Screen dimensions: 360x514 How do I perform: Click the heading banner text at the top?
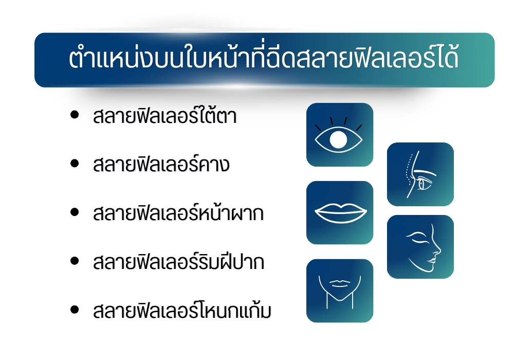pyautogui.click(x=264, y=60)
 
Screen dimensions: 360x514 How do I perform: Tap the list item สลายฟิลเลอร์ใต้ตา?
pyautogui.click(x=164, y=117)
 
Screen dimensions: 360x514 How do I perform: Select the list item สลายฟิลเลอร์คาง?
pyautogui.click(x=161, y=166)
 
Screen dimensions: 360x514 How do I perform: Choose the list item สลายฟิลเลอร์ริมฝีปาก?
pyautogui.click(x=178, y=262)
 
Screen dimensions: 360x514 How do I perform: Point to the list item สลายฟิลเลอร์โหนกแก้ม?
pyautogui.click(x=181, y=311)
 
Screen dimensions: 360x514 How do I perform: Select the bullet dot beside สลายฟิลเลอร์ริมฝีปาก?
pyautogui.click(x=75, y=261)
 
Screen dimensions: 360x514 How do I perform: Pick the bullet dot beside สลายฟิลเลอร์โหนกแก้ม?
pyautogui.click(x=75, y=310)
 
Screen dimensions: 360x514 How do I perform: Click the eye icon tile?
pyautogui.click(x=339, y=135)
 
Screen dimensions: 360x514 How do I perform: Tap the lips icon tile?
pyautogui.click(x=339, y=212)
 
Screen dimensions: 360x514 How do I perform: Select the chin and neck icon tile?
pyautogui.click(x=339, y=291)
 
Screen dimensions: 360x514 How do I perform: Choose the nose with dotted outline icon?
pyautogui.click(x=420, y=174)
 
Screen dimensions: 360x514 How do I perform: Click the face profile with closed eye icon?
pyautogui.click(x=420, y=247)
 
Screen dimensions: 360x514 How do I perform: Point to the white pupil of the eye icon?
pyautogui.click(x=338, y=139)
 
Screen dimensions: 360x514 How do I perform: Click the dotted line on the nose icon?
pyautogui.click(x=408, y=172)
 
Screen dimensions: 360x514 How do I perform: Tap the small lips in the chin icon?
pyautogui.click(x=339, y=283)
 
